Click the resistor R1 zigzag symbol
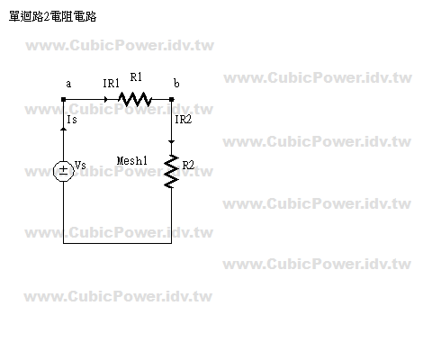pos(135,99)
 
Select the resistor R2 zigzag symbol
pos(172,171)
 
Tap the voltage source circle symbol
pos(63,171)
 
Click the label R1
pos(136,77)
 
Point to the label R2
pos(188,165)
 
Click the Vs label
pos(80,165)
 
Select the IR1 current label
pos(111,84)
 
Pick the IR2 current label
pos(183,120)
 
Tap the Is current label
pos(72,120)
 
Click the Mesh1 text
pos(132,161)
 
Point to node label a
pos(68,84)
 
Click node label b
pos(176,83)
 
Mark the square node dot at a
pos(63,99)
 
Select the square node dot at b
pos(172,99)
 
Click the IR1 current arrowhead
pos(106,99)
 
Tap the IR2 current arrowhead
pos(172,142)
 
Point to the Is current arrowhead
pos(63,129)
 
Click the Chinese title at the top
pos(53,16)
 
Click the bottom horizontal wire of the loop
pos(117,243)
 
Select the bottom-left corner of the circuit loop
pos(63,243)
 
